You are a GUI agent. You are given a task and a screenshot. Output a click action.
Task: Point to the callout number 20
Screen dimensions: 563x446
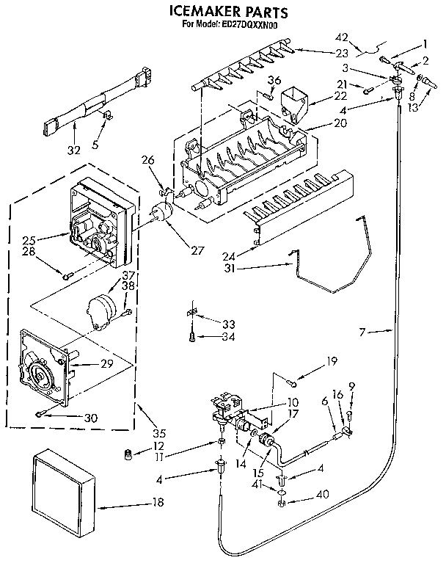(319, 124)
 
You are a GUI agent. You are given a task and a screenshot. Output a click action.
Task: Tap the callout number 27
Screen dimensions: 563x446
(196, 250)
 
